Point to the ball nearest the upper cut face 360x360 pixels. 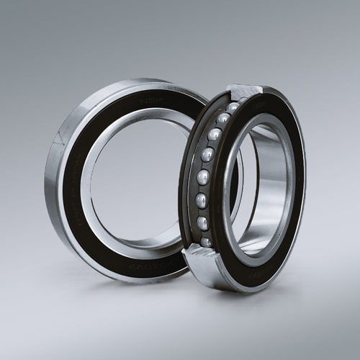point(233,107)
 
